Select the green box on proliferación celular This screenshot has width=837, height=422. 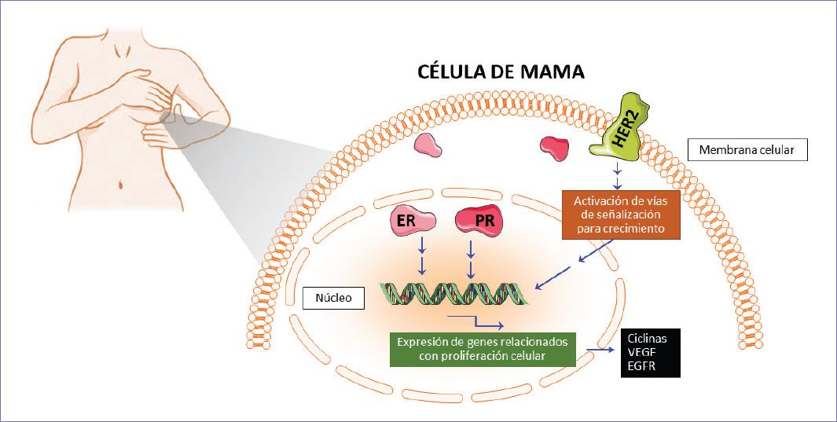[483, 348]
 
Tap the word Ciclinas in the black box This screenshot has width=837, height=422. [647, 338]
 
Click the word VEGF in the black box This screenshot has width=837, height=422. [641, 353]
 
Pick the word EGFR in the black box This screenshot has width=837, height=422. [641, 366]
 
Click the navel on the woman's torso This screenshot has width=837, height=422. [120, 186]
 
